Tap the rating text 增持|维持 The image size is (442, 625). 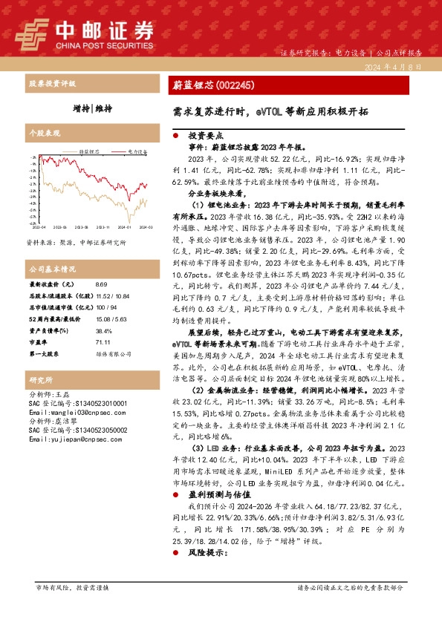tap(92, 108)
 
